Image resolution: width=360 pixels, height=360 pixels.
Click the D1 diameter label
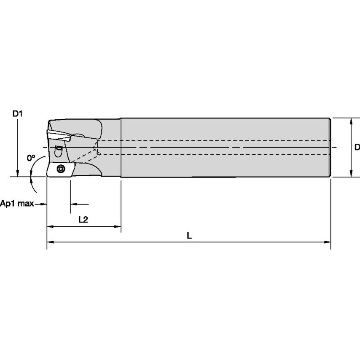point(17,113)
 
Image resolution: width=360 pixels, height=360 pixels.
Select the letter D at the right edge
point(357,147)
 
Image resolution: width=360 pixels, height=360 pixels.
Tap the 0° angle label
point(31,158)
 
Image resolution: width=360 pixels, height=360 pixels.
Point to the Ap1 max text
point(17,204)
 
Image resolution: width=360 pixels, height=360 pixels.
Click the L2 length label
point(83,219)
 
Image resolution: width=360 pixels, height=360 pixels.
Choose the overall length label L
point(189,236)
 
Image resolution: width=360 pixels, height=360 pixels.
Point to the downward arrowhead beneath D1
point(17,173)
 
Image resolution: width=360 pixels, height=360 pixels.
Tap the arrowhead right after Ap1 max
point(43,204)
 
